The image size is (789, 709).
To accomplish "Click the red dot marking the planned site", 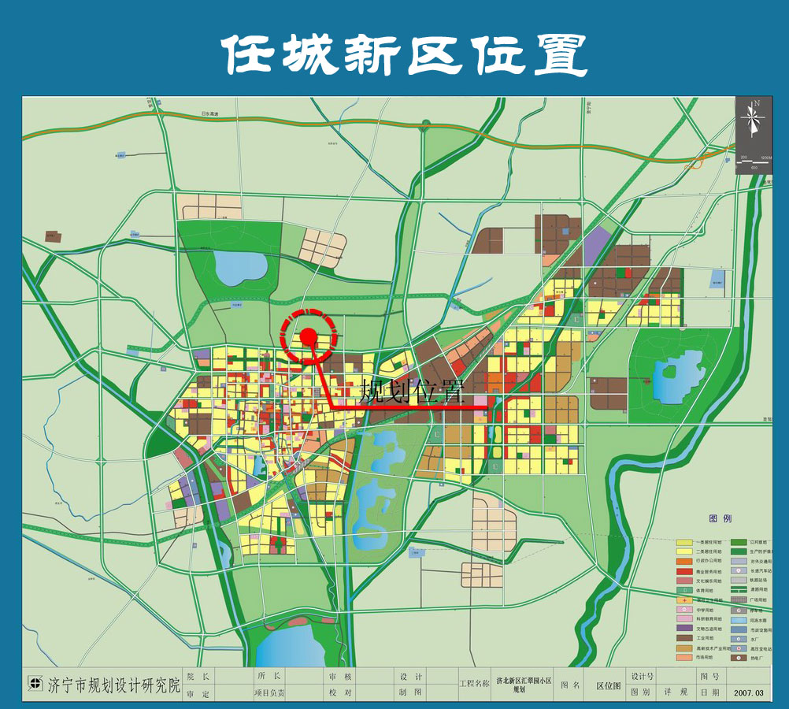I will pos(309,337).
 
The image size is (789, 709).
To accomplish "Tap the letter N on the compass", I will pos(756,103).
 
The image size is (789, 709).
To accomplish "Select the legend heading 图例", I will pos(720,519).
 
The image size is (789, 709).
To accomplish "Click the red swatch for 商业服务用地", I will pos(683,571).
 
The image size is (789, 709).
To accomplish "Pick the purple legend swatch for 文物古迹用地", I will pos(683,628).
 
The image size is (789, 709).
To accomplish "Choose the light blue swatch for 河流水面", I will pos(739,618).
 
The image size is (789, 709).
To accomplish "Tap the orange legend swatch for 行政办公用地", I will pos(683,562).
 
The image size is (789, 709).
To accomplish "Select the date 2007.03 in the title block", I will pos(749,693).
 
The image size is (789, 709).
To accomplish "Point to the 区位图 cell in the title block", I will pos(609,685).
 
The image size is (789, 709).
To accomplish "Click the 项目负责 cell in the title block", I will pos(269,693).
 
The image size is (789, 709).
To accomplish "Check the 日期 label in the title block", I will pos(709,693).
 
